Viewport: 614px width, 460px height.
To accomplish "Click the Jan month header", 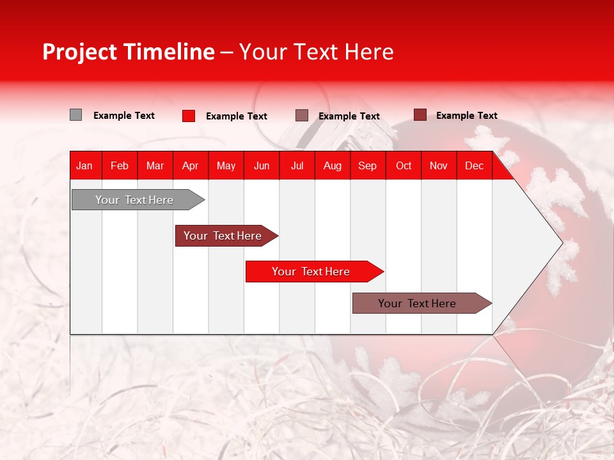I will coord(85,165).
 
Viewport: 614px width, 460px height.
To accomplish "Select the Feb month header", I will coord(120,165).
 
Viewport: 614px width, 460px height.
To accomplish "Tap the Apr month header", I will coord(191,165).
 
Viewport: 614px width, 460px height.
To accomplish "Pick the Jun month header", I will coord(262,165).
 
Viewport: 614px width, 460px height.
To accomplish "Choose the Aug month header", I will coord(333,165).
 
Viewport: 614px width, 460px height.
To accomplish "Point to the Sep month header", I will coord(368,165).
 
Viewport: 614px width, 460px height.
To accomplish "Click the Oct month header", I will coord(404,165).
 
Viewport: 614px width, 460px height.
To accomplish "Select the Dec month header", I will coord(475,165).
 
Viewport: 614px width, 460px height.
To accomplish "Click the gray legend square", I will coord(76,115).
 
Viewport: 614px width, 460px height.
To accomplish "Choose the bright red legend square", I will coord(189,116).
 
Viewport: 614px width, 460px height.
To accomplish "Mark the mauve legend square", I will coord(302,116).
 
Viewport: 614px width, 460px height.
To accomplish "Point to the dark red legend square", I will coord(420,115).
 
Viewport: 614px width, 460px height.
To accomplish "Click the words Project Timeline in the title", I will coord(129,52).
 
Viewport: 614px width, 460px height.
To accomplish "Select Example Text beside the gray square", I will coord(124,116).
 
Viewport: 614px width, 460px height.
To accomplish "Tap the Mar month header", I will coord(155,165).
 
